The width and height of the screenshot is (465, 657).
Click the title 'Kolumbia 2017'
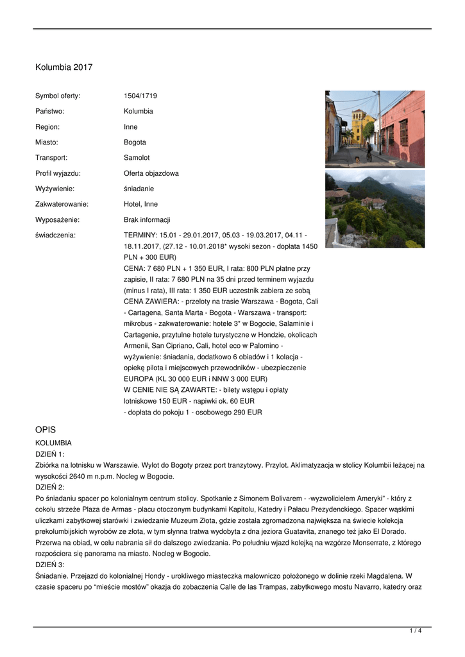click(63, 67)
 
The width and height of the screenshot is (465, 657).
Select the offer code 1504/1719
click(140, 96)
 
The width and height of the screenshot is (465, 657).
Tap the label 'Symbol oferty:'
click(58, 96)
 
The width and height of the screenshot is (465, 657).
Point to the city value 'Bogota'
click(135, 142)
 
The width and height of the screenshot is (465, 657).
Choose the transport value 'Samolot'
click(137, 158)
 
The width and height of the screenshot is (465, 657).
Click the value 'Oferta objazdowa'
click(151, 173)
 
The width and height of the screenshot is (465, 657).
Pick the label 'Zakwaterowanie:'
click(62, 204)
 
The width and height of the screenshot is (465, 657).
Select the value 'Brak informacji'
click(147, 219)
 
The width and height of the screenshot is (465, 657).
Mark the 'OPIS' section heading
click(47, 429)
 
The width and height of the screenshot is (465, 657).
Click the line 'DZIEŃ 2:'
click(49, 487)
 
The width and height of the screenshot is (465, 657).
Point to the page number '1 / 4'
click(416, 631)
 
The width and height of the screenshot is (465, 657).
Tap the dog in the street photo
click(357, 158)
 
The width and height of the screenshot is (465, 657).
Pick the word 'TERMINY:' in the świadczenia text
click(140, 235)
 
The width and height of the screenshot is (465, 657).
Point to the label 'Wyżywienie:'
click(55, 189)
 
